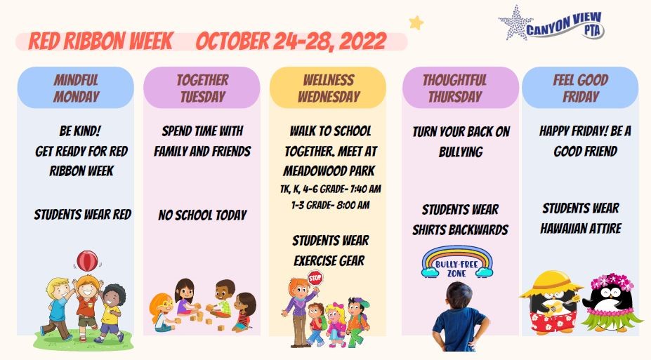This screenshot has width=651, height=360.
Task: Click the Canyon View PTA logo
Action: tap(551, 22)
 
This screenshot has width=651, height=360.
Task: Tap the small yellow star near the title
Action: tap(416, 23)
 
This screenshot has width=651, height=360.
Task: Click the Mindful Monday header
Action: tap(76, 88)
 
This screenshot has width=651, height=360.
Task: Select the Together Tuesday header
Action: tap(202, 88)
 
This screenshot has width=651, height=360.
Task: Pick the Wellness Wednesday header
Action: tap(328, 88)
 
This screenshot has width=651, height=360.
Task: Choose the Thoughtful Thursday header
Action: tap(454, 88)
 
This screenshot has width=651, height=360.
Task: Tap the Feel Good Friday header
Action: tap(580, 88)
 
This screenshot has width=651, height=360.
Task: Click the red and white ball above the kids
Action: tap(86, 260)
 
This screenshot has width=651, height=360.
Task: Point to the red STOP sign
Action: tap(315, 277)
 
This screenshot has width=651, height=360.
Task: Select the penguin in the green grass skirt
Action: tap(610, 303)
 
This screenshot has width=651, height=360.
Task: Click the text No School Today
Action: tap(202, 215)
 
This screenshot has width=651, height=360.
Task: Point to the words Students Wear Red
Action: tap(83, 215)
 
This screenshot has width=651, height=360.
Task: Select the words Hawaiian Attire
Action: tap(581, 229)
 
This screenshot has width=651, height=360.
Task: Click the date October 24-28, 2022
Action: tap(291, 41)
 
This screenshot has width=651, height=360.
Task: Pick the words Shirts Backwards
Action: tap(460, 230)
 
